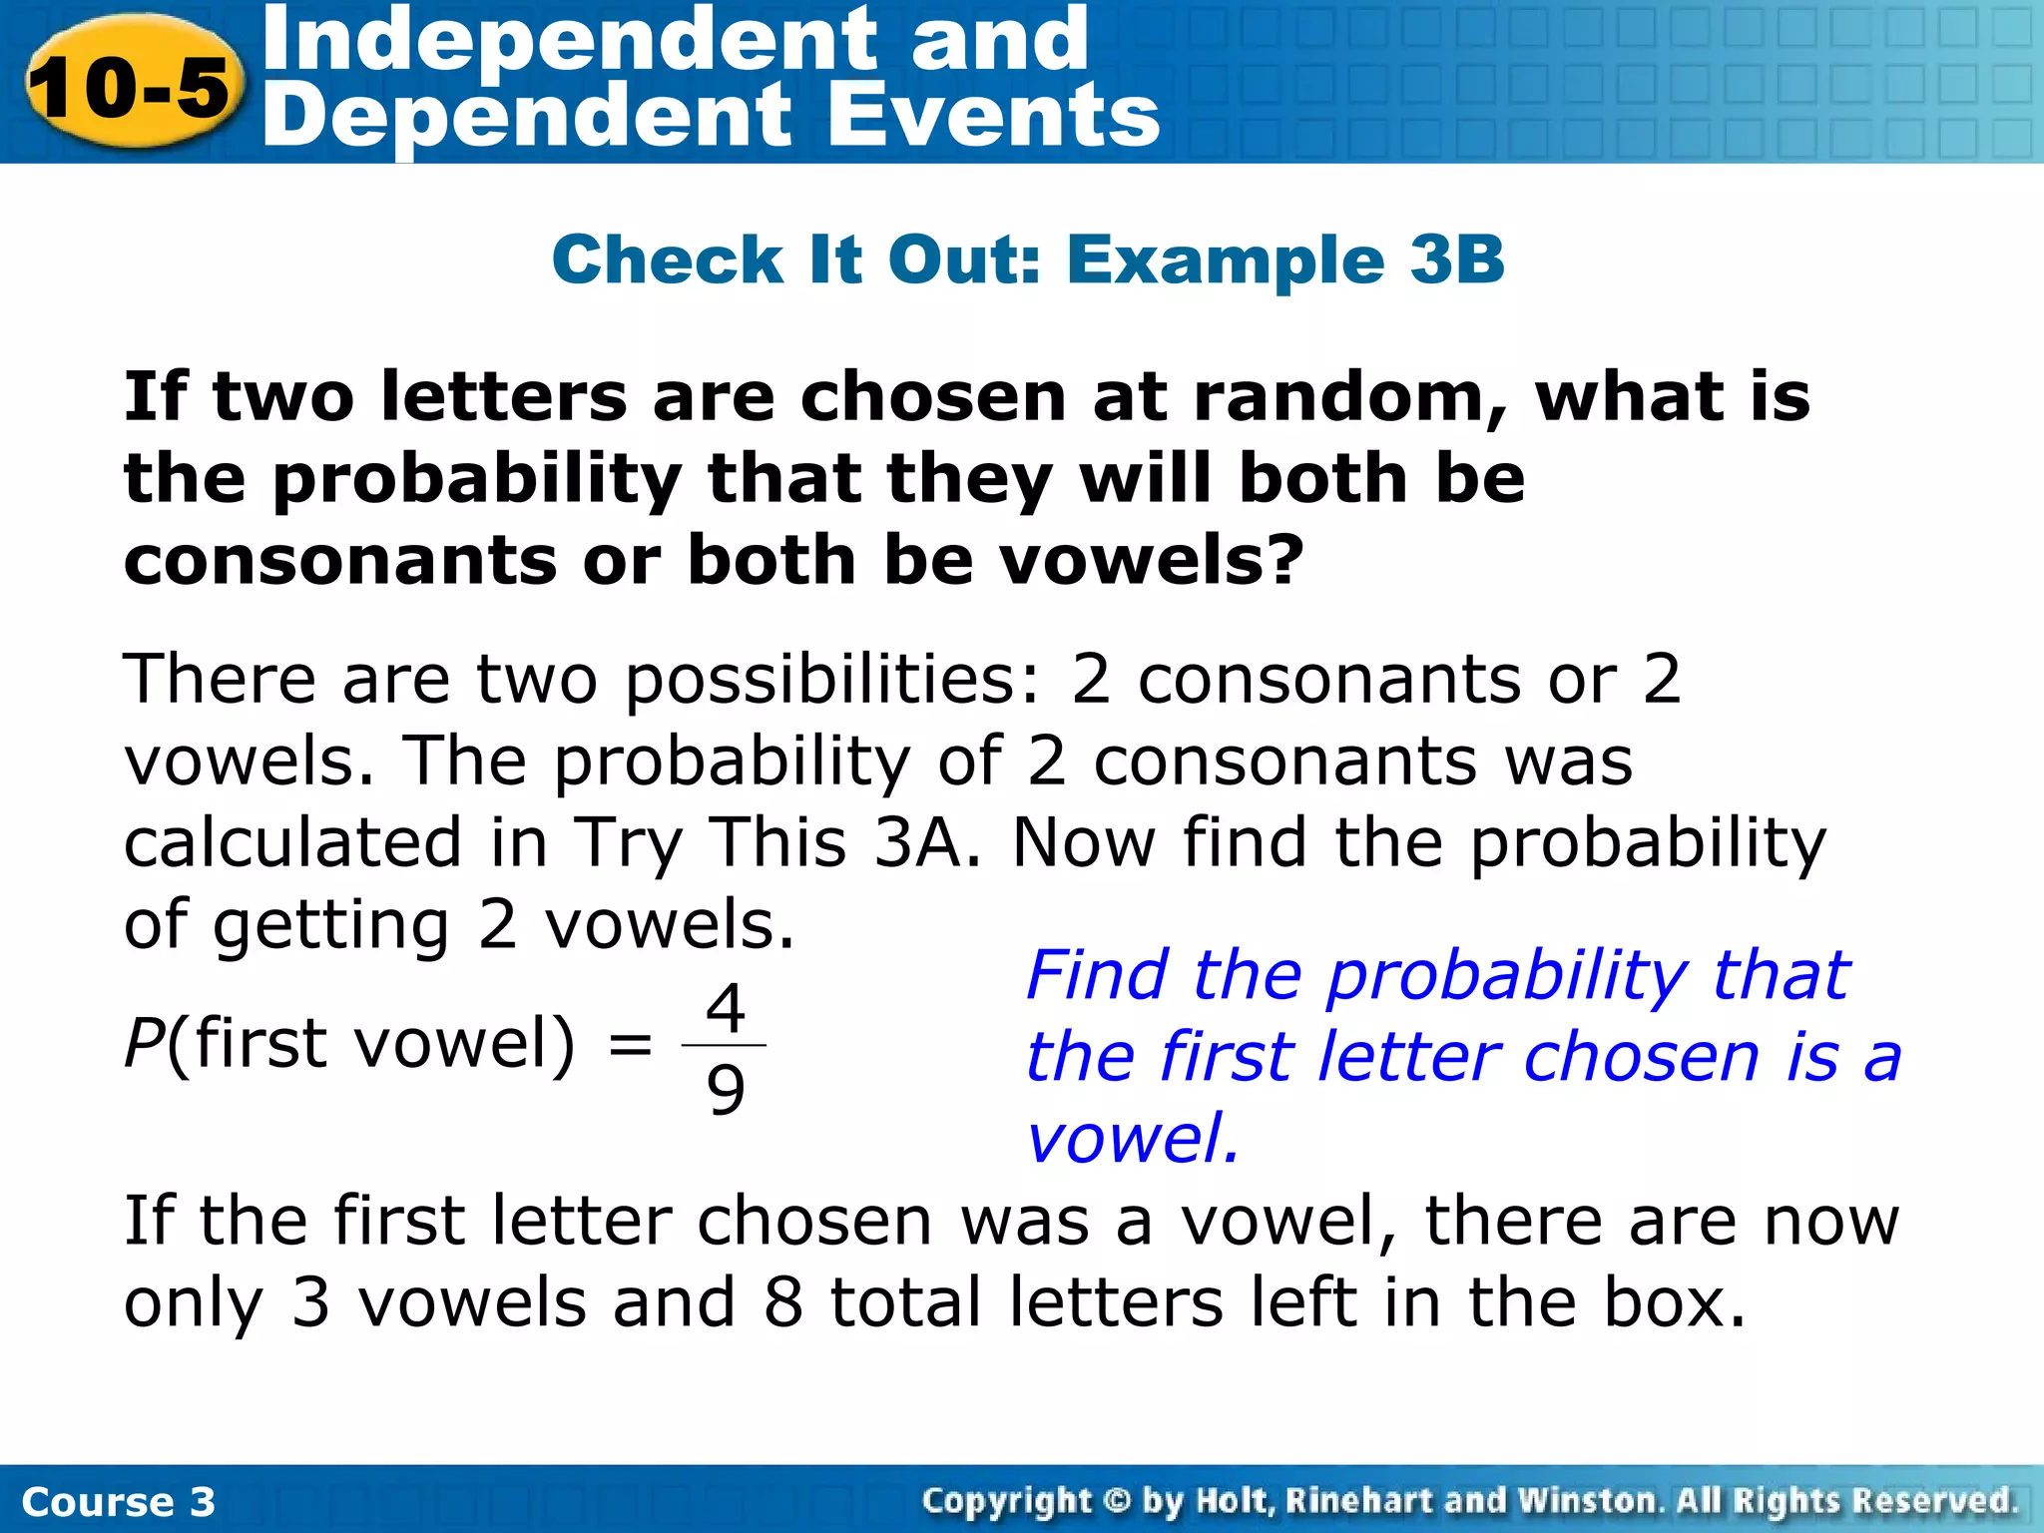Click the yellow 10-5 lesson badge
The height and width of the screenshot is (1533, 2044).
click(x=131, y=86)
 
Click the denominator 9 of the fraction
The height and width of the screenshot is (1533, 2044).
click(x=726, y=1089)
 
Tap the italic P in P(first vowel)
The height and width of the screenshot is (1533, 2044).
click(x=143, y=1044)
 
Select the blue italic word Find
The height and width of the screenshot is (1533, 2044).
click(x=1096, y=975)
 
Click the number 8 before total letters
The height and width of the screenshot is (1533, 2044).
click(x=783, y=1302)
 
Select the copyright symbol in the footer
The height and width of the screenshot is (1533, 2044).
click(x=1117, y=1500)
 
